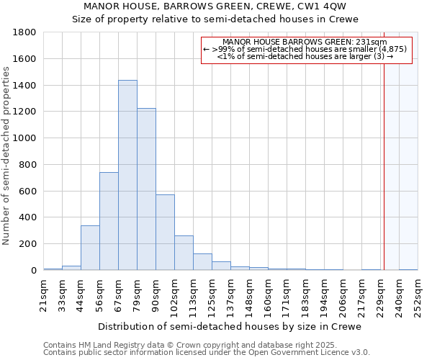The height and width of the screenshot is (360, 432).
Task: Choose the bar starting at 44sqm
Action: coord(90,248)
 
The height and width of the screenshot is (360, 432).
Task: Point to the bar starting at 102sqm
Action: coord(184,253)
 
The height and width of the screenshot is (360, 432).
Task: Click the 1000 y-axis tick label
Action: coord(25,138)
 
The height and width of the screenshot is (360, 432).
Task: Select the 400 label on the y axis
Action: coord(29,217)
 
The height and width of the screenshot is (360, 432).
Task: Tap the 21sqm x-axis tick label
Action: coord(44,294)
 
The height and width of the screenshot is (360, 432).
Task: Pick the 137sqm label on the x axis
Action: coord(231,294)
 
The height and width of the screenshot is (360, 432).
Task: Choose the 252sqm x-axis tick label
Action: coord(418,294)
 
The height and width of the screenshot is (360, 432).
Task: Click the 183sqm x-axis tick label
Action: coord(306,294)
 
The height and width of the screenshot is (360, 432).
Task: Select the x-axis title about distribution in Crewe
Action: coord(230,326)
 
